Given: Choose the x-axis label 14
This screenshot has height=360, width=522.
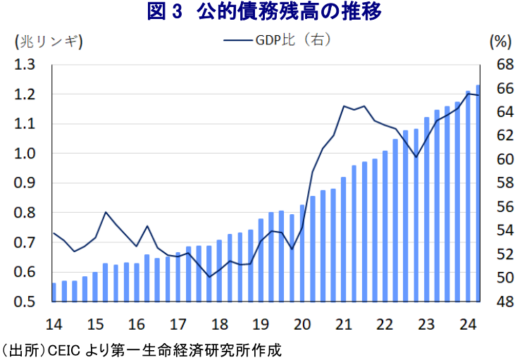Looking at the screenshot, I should coord(53,325).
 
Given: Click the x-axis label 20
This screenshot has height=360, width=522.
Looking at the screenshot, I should coord(302,325).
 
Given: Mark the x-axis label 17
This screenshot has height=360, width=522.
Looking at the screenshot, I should coord(178,325).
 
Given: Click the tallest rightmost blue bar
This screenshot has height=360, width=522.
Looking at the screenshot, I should coord(478,194).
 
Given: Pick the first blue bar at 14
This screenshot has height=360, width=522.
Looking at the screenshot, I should coord(54,292).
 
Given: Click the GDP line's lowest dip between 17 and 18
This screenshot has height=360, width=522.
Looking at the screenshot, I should coord(209,277).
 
